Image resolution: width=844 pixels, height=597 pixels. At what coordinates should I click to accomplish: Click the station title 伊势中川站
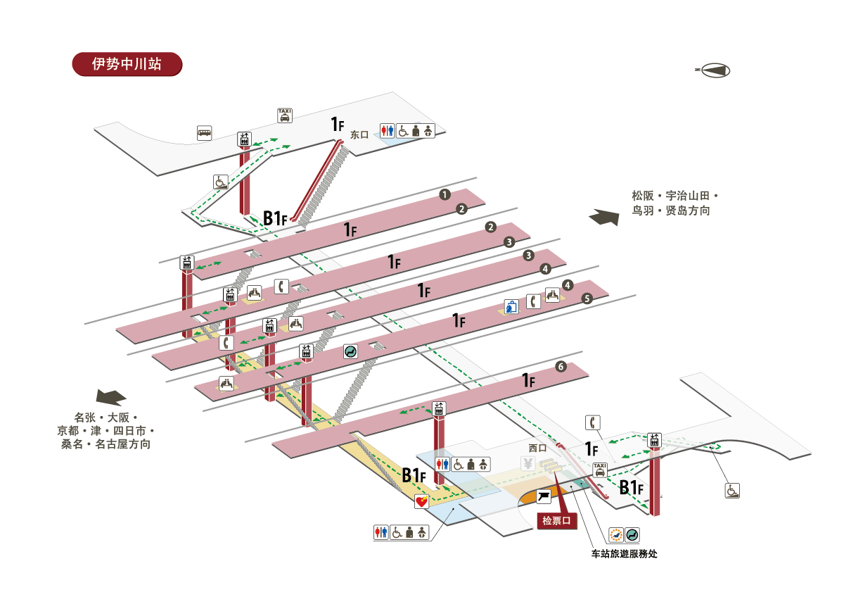click(127, 64)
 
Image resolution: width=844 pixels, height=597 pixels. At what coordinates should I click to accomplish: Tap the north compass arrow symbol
click(713, 70)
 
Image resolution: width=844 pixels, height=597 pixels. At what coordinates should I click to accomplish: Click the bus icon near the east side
click(205, 132)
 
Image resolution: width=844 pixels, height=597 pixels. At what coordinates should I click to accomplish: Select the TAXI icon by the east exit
click(284, 115)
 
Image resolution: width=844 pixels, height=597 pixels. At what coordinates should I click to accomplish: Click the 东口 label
click(359, 134)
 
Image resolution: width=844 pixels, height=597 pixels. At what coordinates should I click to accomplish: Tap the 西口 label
click(537, 447)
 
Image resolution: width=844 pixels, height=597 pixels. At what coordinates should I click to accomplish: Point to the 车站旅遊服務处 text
click(625, 553)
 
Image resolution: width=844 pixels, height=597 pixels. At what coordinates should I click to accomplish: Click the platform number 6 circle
click(561, 367)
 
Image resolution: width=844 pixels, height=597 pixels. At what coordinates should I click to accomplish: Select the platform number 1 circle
click(445, 194)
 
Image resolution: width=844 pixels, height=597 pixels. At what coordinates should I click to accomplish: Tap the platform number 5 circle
click(588, 298)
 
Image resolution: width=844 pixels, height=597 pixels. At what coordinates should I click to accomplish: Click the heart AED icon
click(421, 502)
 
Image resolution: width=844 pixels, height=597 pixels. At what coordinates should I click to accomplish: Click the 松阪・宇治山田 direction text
click(675, 195)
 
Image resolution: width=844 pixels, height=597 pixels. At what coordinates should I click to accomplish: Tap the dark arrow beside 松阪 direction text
click(604, 217)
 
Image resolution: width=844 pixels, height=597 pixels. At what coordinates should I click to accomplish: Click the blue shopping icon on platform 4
click(511, 307)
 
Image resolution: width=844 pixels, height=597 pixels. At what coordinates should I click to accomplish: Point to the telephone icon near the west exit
click(593, 422)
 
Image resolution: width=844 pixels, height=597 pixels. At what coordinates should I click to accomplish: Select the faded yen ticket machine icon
click(527, 463)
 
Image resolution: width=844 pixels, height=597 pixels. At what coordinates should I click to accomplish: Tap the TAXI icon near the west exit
click(600, 470)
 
